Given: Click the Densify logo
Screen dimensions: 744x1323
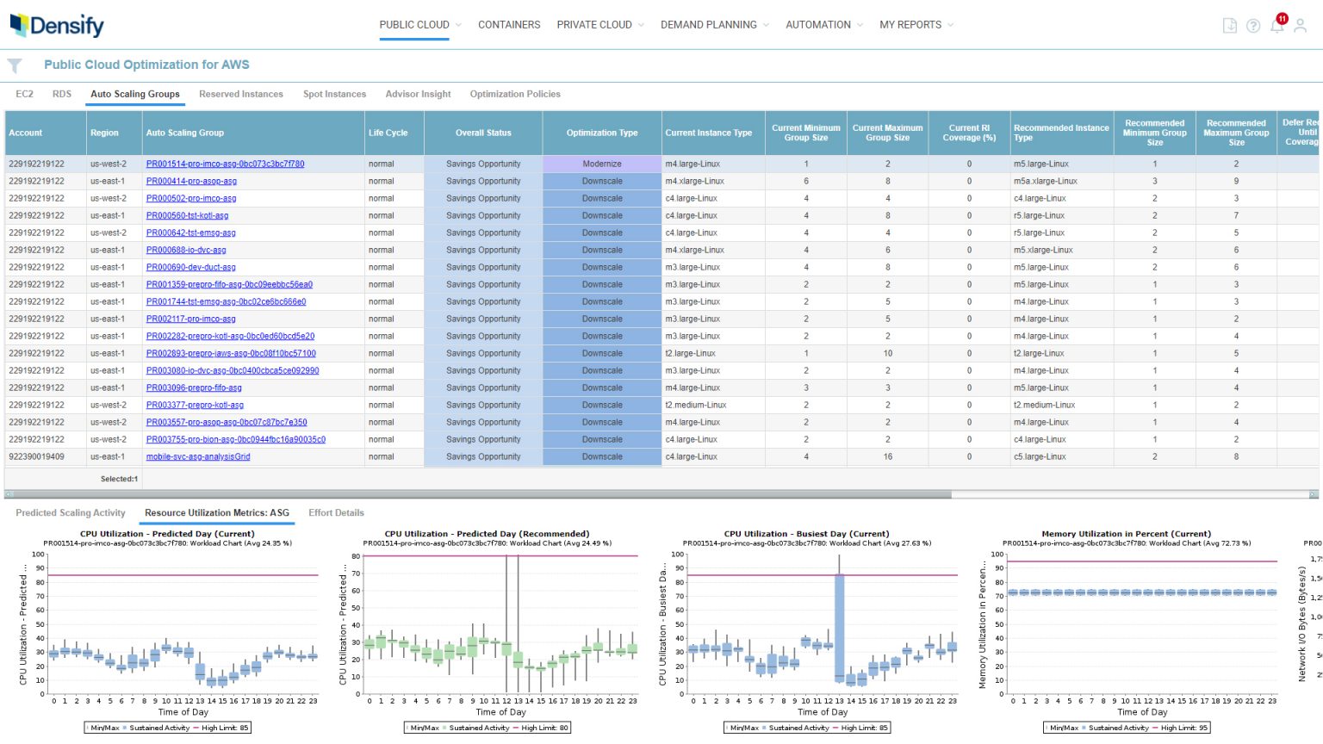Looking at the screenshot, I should (x=57, y=26).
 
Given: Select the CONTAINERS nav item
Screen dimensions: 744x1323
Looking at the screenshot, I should (x=509, y=25).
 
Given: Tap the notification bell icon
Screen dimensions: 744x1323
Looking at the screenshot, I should (x=1276, y=26).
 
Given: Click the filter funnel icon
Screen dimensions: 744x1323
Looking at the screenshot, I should (x=15, y=65).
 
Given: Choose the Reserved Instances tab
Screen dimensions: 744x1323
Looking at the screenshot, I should (x=240, y=94).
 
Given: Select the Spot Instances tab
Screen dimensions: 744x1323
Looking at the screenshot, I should (x=334, y=94).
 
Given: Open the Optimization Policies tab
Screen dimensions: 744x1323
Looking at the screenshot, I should (x=514, y=94).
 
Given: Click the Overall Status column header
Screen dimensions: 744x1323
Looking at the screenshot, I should (x=482, y=133).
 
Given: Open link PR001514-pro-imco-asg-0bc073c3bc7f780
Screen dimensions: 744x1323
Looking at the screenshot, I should (x=225, y=164).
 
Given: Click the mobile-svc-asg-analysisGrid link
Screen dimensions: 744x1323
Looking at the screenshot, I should (x=198, y=456).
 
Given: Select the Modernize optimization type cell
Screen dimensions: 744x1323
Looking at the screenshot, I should (x=601, y=164).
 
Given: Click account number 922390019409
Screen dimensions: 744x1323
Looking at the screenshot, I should (x=36, y=456).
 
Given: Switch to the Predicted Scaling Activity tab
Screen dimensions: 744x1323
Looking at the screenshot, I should (x=71, y=512).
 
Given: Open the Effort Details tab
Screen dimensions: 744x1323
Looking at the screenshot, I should (x=336, y=512).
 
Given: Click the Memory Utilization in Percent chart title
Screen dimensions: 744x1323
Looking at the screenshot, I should (x=1126, y=534).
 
